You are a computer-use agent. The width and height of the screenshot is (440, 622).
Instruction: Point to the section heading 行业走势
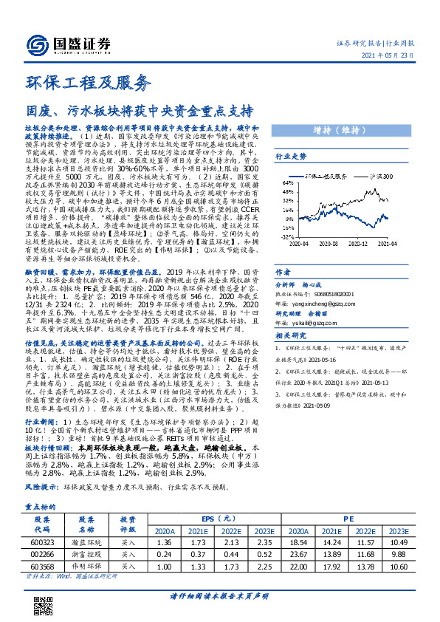click(x=291, y=157)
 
